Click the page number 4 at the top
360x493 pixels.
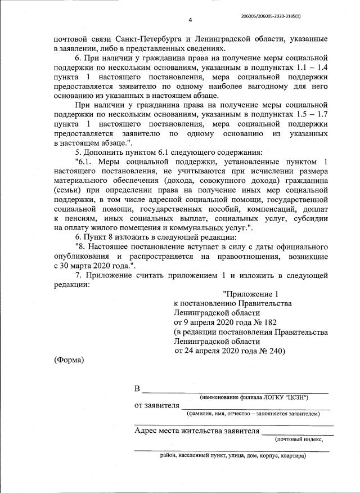click(x=190, y=20)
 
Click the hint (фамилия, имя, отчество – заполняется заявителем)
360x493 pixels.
click(x=253, y=414)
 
